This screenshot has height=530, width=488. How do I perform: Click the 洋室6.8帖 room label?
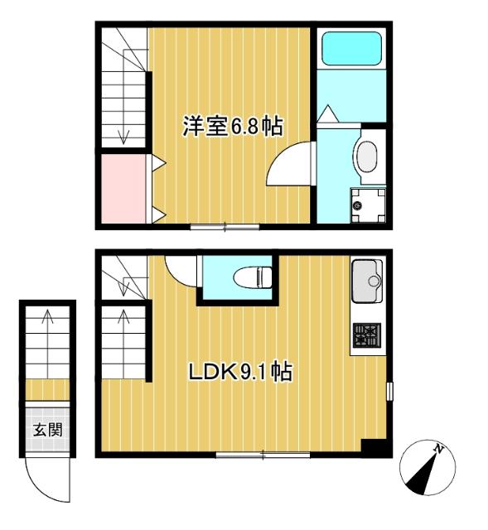233,126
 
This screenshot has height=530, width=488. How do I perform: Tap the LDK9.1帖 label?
240,372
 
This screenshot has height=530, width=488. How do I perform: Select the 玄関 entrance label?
48,430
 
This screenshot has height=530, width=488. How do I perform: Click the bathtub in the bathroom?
352,48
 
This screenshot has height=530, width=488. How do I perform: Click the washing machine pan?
368,205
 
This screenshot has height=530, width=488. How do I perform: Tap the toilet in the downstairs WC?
253,277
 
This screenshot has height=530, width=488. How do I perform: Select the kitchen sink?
367,281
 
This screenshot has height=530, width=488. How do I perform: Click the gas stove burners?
367,335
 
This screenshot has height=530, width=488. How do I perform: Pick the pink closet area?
123,189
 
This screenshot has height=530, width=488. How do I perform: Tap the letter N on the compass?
438,449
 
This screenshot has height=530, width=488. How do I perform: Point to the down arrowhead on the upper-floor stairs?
123,138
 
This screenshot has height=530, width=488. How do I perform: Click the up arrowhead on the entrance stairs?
47,316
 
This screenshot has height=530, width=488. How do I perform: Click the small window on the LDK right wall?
389,392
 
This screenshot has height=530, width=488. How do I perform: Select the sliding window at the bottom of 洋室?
225,227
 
